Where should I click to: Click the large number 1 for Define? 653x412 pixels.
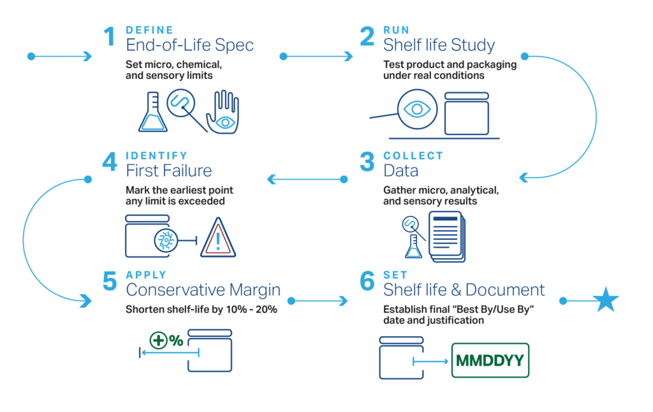pos(109,37)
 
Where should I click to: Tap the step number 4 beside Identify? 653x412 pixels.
pos(110,162)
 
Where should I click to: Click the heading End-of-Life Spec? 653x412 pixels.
pos(189,45)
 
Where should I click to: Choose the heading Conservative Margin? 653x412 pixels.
pos(203,290)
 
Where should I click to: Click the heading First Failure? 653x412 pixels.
pos(169,171)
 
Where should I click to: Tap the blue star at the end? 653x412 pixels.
pos(605,301)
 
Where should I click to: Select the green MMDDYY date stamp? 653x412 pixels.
pos(490,361)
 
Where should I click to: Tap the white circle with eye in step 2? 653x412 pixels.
pos(416,109)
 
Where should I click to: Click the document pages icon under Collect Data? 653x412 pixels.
pos(446,236)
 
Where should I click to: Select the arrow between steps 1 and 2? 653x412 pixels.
pos(317,57)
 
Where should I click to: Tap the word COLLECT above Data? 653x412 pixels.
pos(413,156)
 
